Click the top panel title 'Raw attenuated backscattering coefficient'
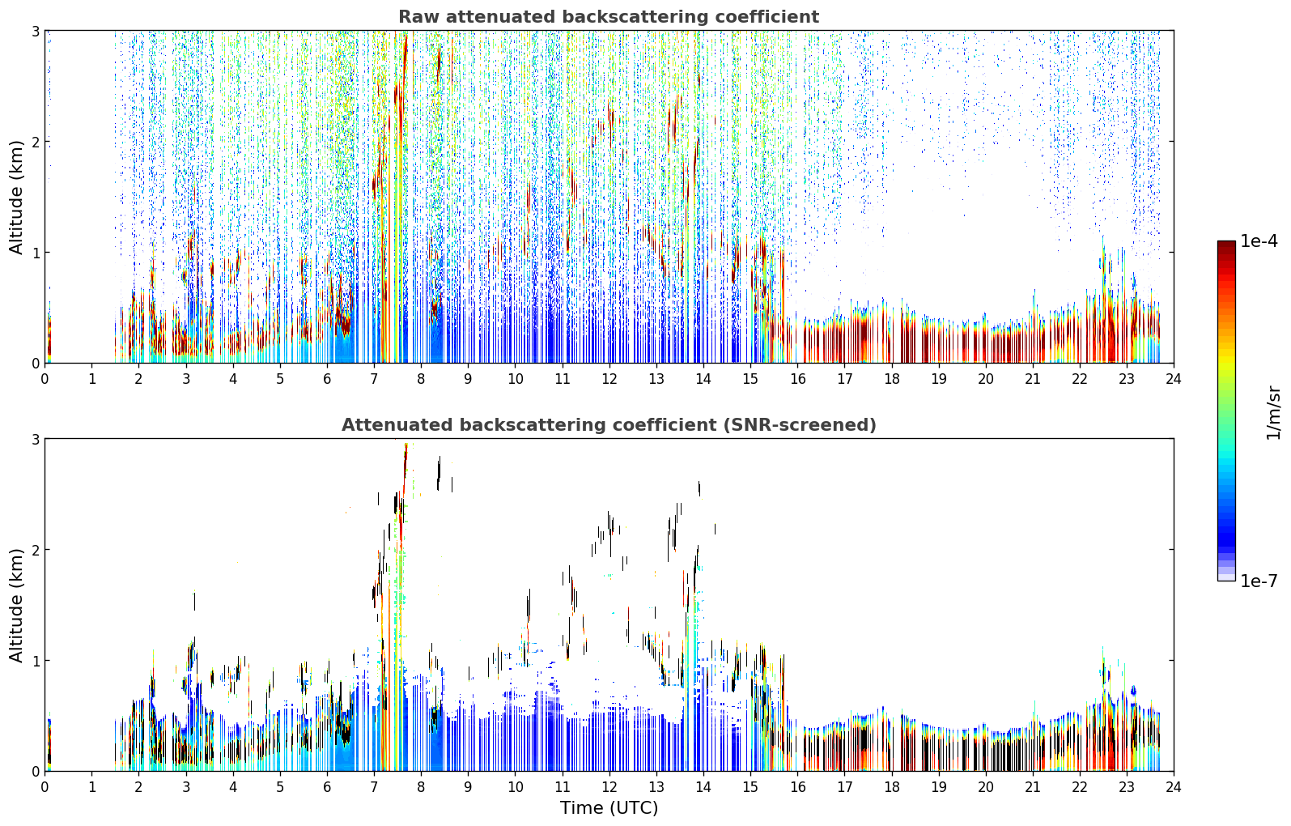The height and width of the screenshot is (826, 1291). [609, 17]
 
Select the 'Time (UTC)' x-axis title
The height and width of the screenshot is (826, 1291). [609, 808]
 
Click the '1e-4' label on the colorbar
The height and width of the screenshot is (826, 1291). [1259, 241]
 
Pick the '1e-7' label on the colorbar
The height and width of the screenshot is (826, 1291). [1259, 581]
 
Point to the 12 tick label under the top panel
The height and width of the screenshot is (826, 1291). [609, 379]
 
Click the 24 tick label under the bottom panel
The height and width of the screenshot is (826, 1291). [1174, 787]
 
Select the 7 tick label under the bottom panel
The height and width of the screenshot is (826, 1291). [374, 787]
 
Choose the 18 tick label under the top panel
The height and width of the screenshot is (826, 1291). [892, 379]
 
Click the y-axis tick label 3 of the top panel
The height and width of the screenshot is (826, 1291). [35, 31]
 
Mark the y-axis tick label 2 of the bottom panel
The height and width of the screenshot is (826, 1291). [35, 550]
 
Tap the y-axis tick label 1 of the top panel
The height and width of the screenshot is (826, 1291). [35, 253]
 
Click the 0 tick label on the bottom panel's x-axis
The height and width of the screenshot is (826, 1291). [45, 787]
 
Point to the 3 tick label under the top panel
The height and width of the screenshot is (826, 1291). [185, 379]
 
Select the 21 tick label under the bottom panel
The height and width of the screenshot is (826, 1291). [1033, 787]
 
